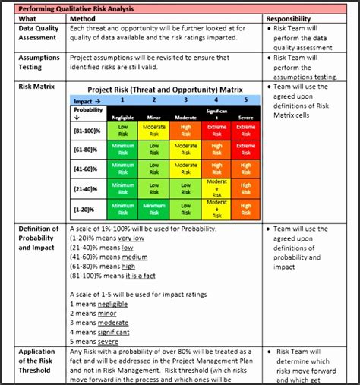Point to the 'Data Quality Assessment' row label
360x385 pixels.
tap(39, 33)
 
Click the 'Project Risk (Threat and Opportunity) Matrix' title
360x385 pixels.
tap(165, 89)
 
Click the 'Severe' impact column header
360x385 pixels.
tap(245, 117)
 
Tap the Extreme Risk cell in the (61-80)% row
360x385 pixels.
tap(245, 150)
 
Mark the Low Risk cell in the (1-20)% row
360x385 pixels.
tap(185, 209)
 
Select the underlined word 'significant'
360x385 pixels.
tap(113, 332)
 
